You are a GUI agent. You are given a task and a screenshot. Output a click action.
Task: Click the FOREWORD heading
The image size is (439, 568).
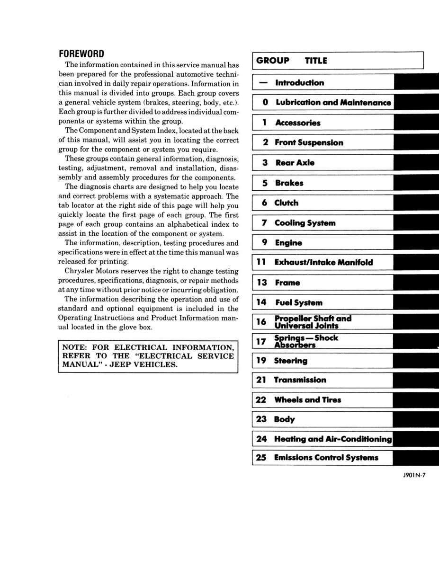point(81,53)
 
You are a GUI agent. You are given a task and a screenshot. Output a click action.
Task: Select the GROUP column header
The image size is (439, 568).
point(273,61)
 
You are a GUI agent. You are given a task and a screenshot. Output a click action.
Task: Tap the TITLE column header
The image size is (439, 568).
point(316,61)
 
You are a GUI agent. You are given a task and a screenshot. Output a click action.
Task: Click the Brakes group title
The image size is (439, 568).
point(289,183)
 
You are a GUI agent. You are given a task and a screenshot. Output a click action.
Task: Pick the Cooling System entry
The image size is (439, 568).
point(305,223)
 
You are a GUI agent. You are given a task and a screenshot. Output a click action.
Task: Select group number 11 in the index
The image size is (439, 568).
point(261,262)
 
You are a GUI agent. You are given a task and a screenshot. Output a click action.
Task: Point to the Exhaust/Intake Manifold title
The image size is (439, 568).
point(323,262)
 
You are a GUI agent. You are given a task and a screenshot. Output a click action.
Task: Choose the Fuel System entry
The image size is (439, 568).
point(298,302)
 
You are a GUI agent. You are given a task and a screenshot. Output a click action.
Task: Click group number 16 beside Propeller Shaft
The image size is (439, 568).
point(261,322)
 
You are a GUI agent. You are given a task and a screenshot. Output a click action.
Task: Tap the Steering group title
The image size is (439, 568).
point(290,361)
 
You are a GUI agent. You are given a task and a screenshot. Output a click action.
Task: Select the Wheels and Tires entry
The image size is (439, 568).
point(307,399)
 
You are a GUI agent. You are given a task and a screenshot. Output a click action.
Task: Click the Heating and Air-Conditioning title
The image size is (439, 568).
point(333,439)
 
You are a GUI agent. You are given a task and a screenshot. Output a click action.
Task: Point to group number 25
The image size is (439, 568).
point(261,457)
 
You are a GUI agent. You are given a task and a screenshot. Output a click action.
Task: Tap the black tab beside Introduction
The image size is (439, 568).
point(416,82)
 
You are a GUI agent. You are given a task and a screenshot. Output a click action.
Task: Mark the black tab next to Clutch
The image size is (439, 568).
point(416,203)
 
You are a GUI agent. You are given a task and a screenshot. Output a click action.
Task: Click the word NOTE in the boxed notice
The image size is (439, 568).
point(73,347)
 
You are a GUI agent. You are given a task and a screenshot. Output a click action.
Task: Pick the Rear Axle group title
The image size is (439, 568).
point(295,162)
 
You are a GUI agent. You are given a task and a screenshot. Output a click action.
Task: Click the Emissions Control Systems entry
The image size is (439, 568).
point(326,457)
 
